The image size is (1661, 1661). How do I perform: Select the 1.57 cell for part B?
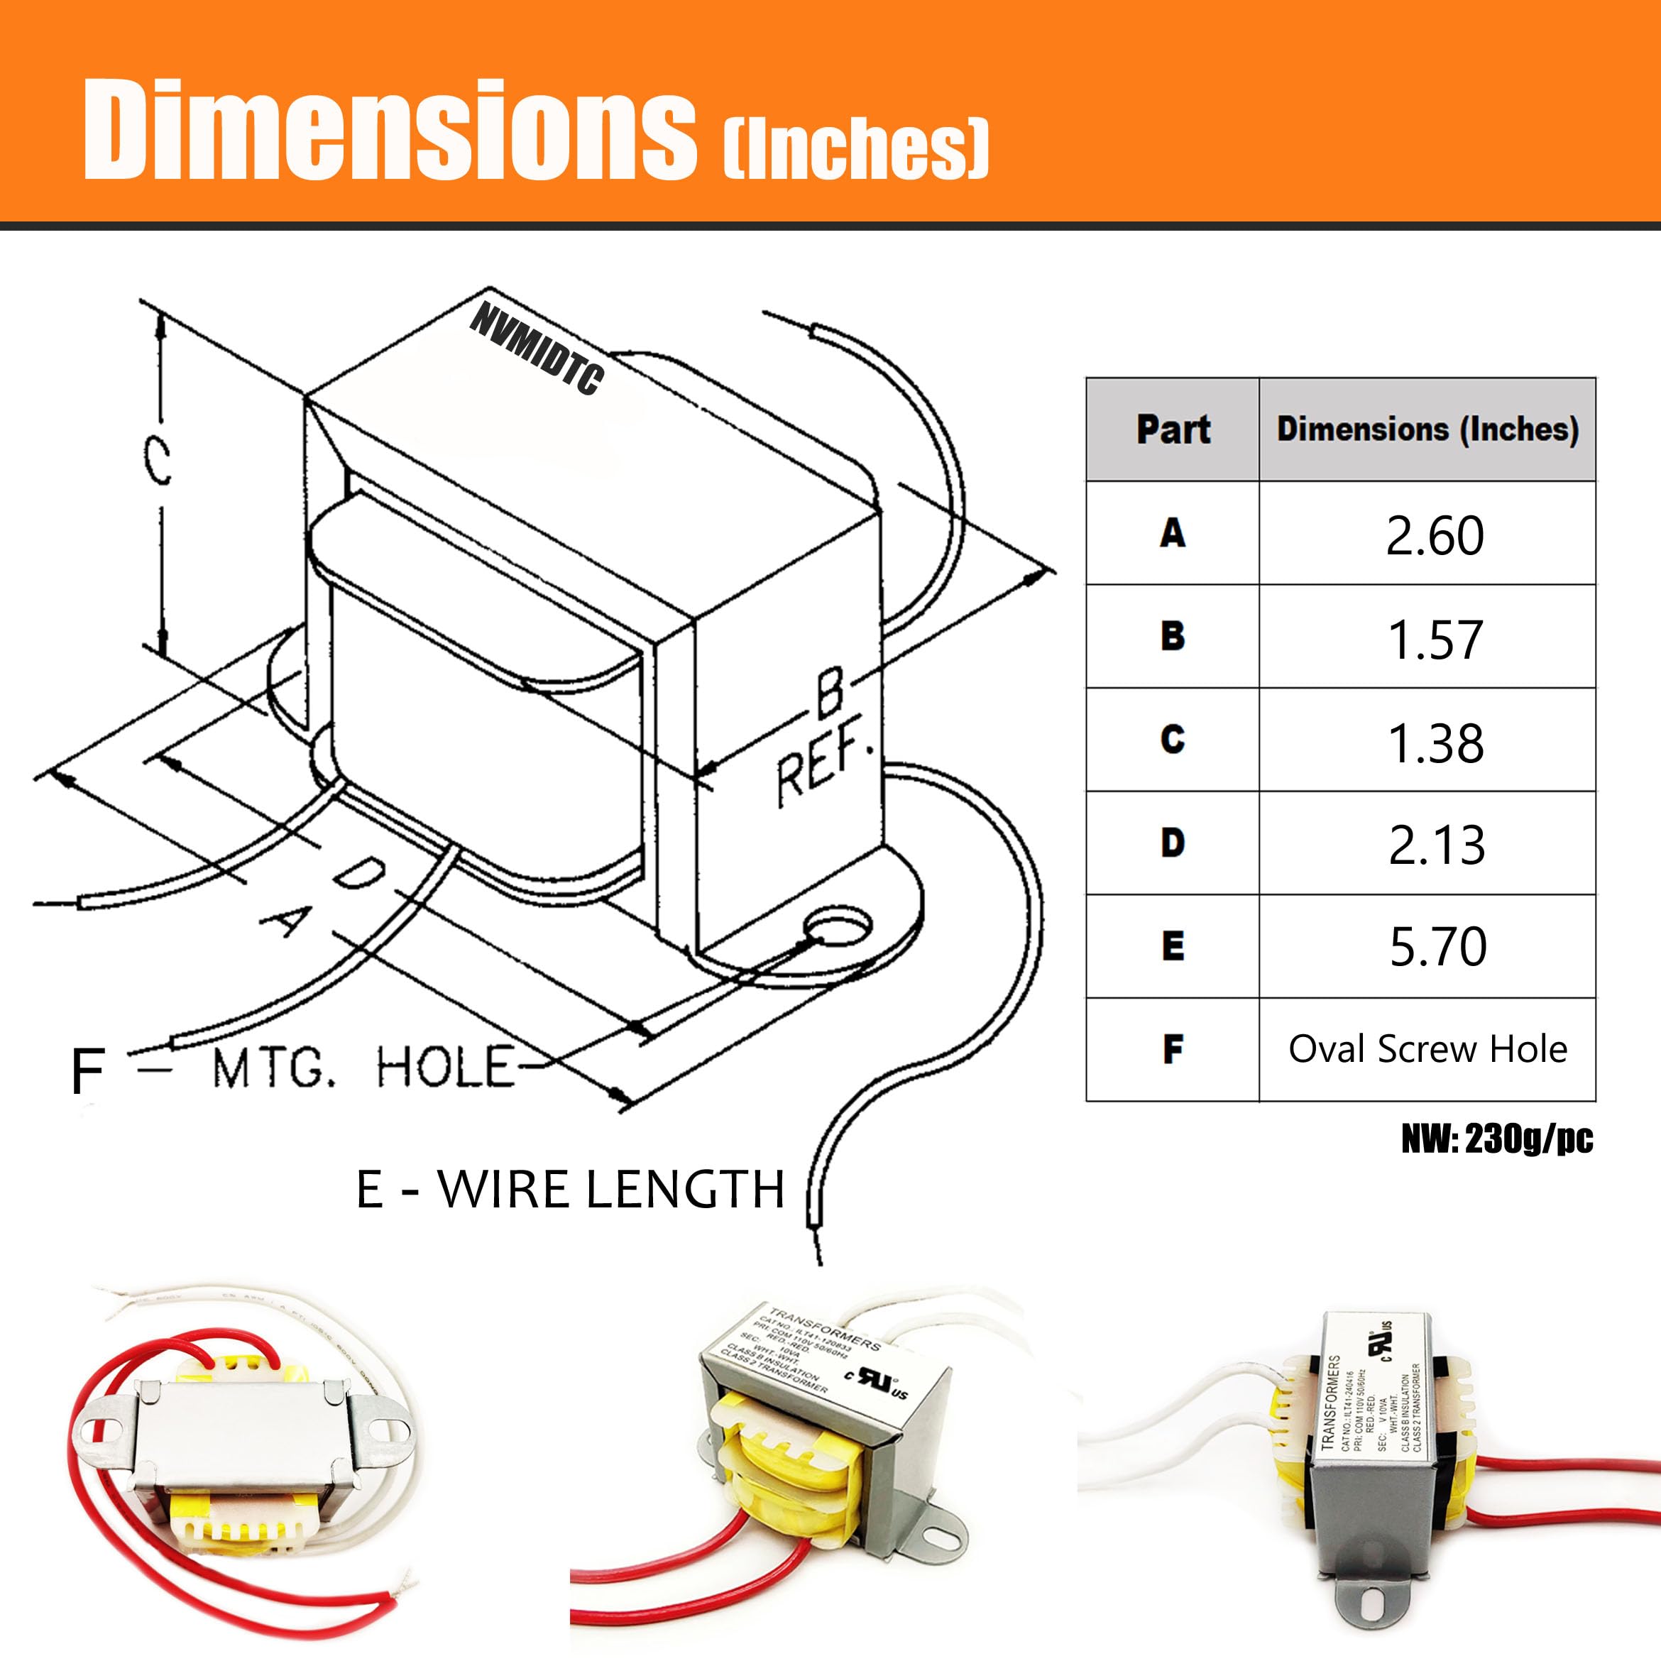click(1434, 639)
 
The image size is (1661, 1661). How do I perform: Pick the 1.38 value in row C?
click(1434, 742)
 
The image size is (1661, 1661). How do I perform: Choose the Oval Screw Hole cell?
click(1427, 1049)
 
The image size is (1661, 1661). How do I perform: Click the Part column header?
click(1173, 429)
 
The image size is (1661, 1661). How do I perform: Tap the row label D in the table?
click(1173, 843)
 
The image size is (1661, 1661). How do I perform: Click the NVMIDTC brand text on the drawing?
click(537, 350)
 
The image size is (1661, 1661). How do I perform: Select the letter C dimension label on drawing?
click(158, 461)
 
